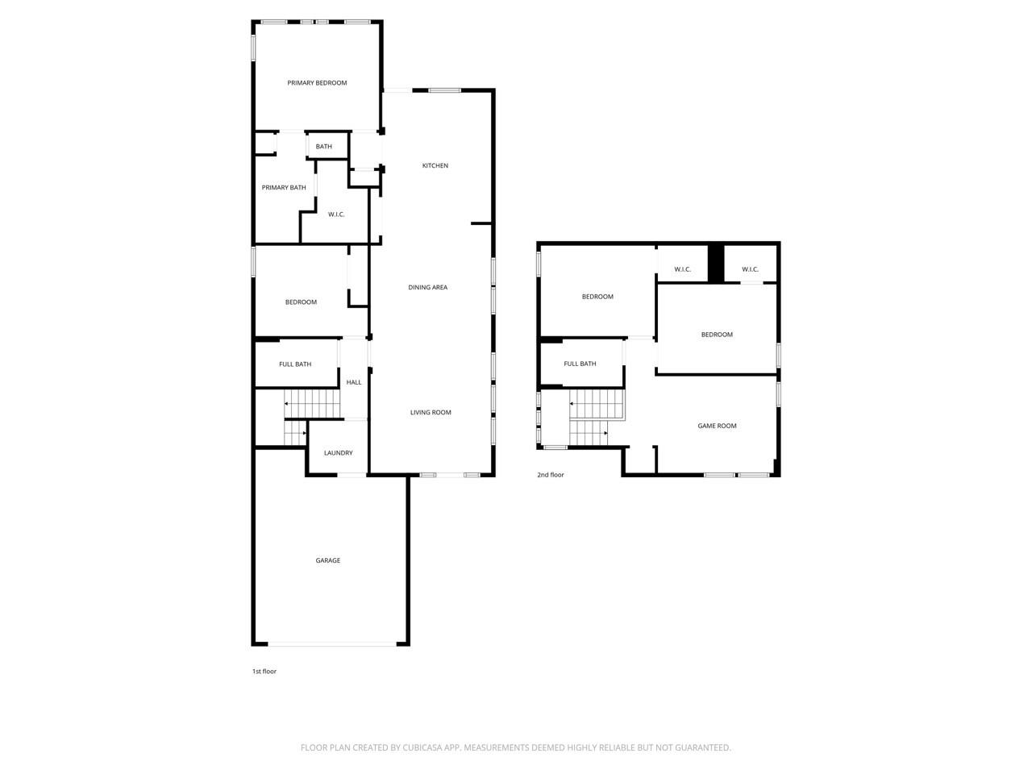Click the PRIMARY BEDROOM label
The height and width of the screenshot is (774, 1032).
pyautogui.click(x=317, y=83)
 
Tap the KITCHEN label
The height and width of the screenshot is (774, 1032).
pyautogui.click(x=435, y=166)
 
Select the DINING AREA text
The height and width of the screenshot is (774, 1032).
pyautogui.click(x=427, y=288)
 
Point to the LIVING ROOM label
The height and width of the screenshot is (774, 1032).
pyautogui.click(x=431, y=413)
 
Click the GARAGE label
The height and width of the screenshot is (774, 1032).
pyautogui.click(x=327, y=560)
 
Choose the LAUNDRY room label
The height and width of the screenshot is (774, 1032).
pyautogui.click(x=338, y=453)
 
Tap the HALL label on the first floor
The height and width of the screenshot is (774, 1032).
pyautogui.click(x=354, y=382)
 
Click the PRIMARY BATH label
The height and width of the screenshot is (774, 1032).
pyautogui.click(x=284, y=188)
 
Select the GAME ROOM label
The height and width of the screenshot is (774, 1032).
pyautogui.click(x=717, y=426)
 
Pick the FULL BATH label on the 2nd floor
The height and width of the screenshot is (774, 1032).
pyautogui.click(x=580, y=364)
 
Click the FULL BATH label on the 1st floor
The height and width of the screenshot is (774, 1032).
pyautogui.click(x=295, y=364)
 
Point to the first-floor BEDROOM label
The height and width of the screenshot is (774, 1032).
pyautogui.click(x=301, y=302)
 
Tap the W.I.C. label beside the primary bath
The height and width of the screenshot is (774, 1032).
pyautogui.click(x=336, y=214)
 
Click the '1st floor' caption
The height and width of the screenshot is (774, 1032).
pyautogui.click(x=264, y=672)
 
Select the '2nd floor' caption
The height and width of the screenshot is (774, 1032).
pyautogui.click(x=551, y=475)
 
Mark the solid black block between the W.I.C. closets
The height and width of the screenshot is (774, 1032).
pyautogui.click(x=715, y=263)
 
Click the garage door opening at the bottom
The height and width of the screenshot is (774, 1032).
pyautogui.click(x=331, y=644)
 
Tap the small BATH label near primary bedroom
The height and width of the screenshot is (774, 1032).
pyautogui.click(x=323, y=147)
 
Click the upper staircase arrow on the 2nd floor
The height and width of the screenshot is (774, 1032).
pyautogui.click(x=572, y=403)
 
